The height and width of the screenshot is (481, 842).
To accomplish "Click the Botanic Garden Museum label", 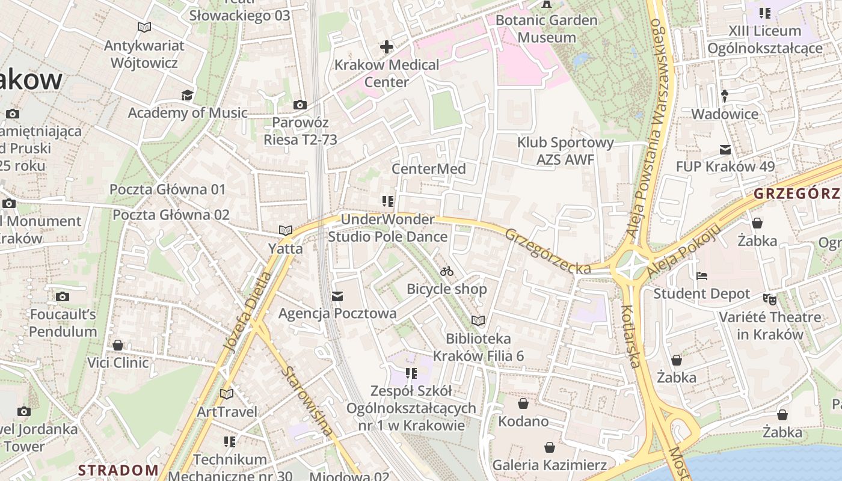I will click(x=547, y=29).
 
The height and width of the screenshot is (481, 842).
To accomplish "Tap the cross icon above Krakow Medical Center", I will click(x=387, y=46).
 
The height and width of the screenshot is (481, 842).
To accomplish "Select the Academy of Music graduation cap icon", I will click(x=188, y=95).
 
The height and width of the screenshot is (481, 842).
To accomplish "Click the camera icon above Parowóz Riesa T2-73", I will click(x=300, y=105).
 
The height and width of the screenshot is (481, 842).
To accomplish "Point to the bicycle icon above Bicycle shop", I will click(x=446, y=271).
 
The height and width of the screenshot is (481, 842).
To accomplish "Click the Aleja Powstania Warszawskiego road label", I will click(x=653, y=126).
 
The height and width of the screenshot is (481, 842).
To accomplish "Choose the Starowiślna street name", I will click(x=307, y=400).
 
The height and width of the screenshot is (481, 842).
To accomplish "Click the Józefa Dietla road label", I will click(x=247, y=311).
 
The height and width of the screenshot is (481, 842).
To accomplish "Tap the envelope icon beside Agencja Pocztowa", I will click(x=337, y=296).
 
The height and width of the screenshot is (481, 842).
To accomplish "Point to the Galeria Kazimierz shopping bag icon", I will click(x=549, y=447).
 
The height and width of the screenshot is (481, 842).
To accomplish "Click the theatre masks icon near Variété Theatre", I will click(x=769, y=298).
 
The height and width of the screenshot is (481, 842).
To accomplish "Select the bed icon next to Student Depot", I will click(x=701, y=276).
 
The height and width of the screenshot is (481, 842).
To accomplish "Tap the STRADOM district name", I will click(x=119, y=470).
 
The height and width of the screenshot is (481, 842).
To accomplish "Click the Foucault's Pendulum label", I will click(x=63, y=323).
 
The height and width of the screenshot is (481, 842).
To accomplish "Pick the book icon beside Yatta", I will click(x=285, y=230).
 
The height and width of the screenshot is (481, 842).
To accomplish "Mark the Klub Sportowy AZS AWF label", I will click(x=565, y=151).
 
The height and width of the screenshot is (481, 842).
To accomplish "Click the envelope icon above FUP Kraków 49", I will click(x=725, y=149).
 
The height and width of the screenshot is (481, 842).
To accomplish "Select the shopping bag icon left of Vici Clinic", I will click(x=118, y=345).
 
